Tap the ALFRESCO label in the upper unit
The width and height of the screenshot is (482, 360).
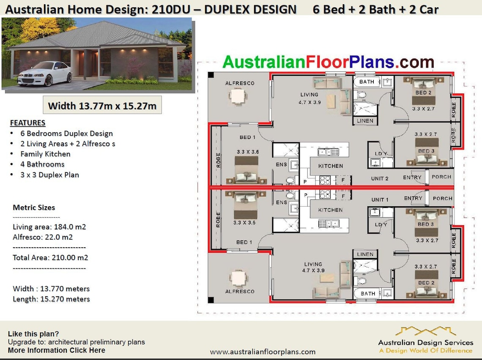(240, 83)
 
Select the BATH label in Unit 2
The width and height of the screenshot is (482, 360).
(367, 82)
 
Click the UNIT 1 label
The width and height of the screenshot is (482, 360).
(380, 199)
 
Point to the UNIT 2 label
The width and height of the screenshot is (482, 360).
(380, 179)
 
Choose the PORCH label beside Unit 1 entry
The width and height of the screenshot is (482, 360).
(442, 198)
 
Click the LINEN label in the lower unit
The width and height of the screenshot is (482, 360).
(365, 254)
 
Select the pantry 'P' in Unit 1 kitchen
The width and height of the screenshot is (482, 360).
(304, 195)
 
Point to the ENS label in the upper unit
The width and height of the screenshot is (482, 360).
(281, 165)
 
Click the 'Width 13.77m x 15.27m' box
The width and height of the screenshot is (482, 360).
(102, 106)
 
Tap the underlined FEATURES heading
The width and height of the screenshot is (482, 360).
(27, 123)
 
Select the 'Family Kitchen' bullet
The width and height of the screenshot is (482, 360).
(45, 154)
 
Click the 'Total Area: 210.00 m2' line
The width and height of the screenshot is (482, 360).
(50, 257)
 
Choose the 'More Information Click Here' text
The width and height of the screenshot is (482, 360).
(57, 350)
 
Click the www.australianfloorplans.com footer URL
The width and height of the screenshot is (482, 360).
(263, 352)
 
